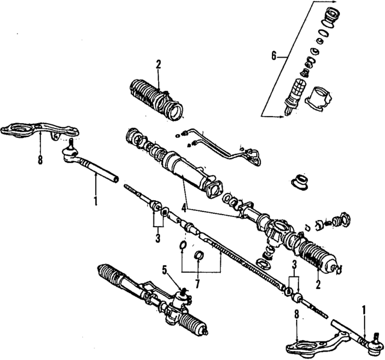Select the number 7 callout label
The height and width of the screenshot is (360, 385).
tap(197, 282)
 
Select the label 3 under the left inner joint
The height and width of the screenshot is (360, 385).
tap(158, 239)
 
